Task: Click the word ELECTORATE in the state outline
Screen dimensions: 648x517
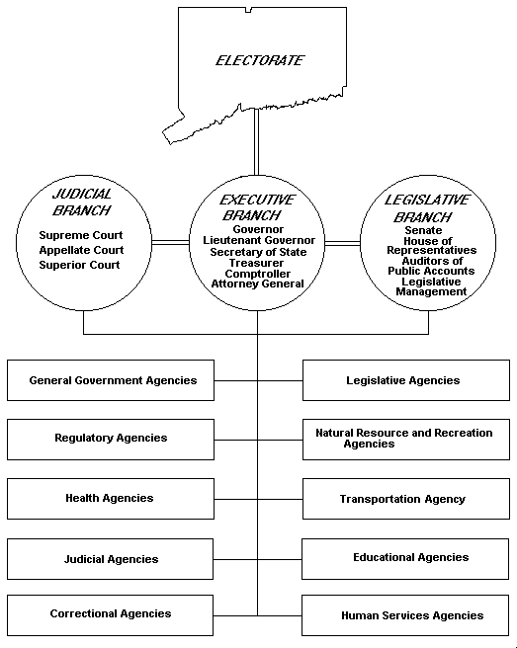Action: coord(260,61)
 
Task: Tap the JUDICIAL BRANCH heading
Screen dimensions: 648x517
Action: coord(82,202)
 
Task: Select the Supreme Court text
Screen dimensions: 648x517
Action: coord(81,236)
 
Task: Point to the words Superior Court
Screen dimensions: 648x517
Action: coord(80,265)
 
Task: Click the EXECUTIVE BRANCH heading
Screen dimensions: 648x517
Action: coord(258,206)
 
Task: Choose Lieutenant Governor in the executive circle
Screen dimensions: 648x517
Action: coord(259,240)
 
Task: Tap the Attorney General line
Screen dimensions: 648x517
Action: coord(258,283)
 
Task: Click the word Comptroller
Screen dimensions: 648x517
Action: coord(258,273)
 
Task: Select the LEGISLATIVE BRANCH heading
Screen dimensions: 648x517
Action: coord(428,207)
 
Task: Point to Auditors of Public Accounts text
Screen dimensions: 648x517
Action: coord(430,266)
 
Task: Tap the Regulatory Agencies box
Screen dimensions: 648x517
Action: coord(110,439)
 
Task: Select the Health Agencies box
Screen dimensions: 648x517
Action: coord(110,499)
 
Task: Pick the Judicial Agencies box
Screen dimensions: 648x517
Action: coord(110,559)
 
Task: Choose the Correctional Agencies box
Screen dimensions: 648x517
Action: coord(110,614)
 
